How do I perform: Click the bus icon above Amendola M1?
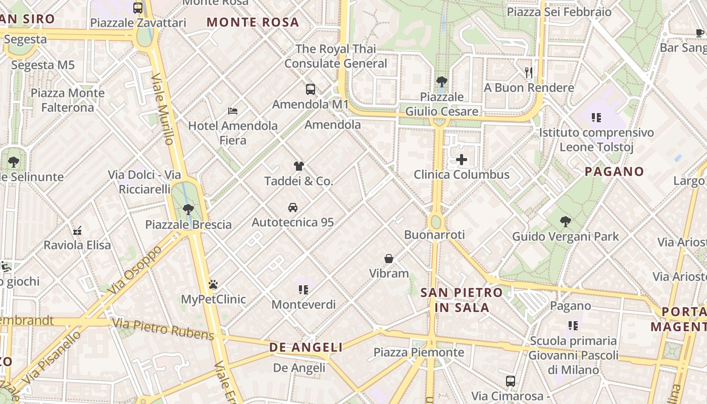[311, 89]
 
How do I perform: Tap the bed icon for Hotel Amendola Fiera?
[233, 111]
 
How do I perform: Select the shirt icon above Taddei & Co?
[299, 166]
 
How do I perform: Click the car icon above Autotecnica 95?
[292, 207]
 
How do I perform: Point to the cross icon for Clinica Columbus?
[462, 160]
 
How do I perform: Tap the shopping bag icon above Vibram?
[389, 259]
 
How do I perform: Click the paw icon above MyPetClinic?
[213, 284]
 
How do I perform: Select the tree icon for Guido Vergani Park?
[566, 221]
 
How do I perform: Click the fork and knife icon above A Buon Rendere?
[529, 73]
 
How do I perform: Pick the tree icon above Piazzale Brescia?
[188, 210]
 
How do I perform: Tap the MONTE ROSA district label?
[253, 22]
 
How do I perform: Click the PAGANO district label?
[614, 171]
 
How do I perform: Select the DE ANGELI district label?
[306, 347]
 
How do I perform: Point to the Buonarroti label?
[434, 235]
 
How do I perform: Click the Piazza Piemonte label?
[419, 352]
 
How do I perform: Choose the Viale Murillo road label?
[163, 109]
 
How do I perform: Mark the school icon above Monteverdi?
[304, 289]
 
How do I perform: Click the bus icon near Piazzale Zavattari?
[138, 8]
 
